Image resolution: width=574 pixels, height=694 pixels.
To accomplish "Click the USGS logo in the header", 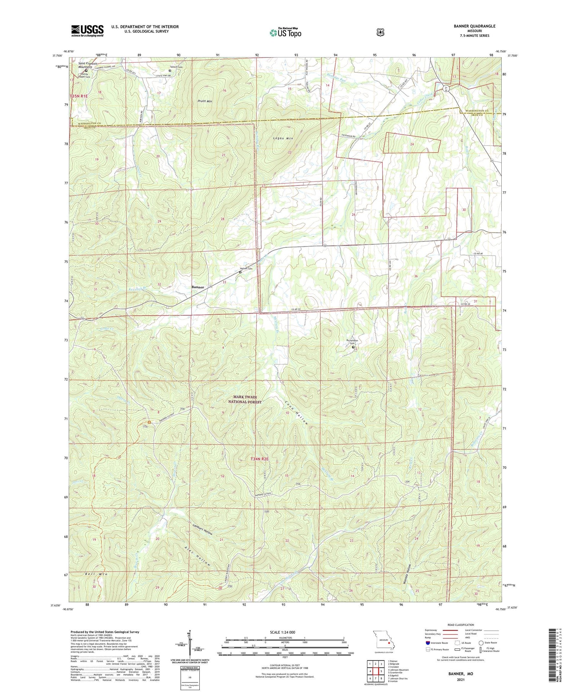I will [x=87, y=31].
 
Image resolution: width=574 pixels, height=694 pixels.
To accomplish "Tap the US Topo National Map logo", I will [x=285, y=33].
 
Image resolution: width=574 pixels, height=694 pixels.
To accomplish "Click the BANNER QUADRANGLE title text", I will [x=473, y=26].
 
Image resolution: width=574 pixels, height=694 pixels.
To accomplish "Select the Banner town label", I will [x=198, y=287].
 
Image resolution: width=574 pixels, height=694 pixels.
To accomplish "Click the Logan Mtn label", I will [x=283, y=138].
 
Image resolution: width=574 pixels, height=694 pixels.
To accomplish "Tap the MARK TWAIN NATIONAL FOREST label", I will [x=245, y=400].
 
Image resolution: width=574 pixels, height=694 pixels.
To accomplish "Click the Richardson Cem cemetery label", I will [x=352, y=341].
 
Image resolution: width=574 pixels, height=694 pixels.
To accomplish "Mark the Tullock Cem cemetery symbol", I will [x=170, y=70].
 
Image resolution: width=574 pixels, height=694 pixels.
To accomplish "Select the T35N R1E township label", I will [x=79, y=96].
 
